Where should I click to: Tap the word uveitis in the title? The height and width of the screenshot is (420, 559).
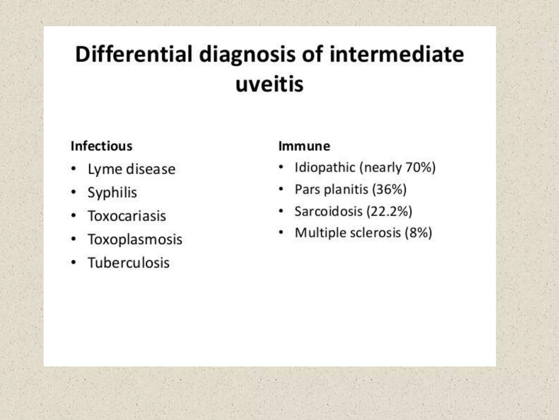(269, 84)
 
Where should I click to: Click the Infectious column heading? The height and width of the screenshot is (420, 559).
(102, 146)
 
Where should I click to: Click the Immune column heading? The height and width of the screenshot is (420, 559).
(304, 146)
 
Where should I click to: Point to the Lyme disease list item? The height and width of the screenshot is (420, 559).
(131, 169)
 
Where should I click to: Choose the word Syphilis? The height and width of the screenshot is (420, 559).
(112, 192)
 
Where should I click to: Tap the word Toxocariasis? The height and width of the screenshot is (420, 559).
(127, 216)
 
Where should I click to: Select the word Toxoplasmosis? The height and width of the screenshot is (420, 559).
(135, 240)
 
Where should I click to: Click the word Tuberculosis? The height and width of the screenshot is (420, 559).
(129, 263)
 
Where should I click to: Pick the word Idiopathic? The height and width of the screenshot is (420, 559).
(325, 167)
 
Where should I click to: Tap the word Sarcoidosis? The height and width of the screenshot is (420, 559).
(328, 211)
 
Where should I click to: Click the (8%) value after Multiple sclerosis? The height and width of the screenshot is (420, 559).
(418, 233)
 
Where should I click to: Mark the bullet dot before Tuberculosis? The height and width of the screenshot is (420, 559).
(73, 263)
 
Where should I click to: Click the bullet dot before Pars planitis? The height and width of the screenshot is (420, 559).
(281, 189)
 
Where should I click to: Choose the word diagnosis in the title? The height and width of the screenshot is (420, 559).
(247, 54)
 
